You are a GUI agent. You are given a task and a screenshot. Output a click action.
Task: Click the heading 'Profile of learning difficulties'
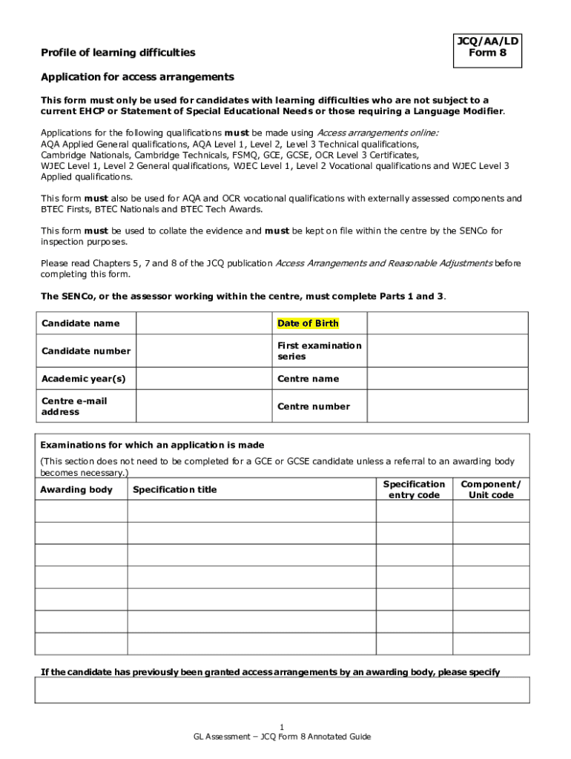coord(118,53)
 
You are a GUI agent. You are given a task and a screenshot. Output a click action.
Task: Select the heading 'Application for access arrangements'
coord(137,77)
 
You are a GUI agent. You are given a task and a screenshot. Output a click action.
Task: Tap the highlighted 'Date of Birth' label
coord(308,323)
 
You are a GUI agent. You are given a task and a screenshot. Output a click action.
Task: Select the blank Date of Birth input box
coord(447,323)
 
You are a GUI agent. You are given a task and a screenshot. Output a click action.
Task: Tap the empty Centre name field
coord(447,379)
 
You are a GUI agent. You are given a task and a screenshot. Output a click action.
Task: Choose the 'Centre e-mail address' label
coord(74,406)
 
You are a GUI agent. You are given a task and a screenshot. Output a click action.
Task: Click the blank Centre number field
coord(447,406)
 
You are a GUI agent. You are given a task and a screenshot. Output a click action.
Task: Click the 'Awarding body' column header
coord(76,490)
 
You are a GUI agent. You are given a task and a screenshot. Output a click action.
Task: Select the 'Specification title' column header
coord(175,490)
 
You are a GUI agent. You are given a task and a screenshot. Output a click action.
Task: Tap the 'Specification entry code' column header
coord(414,489)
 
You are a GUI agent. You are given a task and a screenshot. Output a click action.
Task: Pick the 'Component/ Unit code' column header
coord(491,489)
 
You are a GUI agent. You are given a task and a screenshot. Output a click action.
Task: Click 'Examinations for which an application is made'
coord(152,445)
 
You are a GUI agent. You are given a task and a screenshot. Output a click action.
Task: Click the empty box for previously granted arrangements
coord(282,689)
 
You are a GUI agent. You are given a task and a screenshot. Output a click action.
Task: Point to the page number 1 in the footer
coord(282,726)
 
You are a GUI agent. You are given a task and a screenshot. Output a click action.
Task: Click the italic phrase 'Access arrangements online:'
coord(377,133)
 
